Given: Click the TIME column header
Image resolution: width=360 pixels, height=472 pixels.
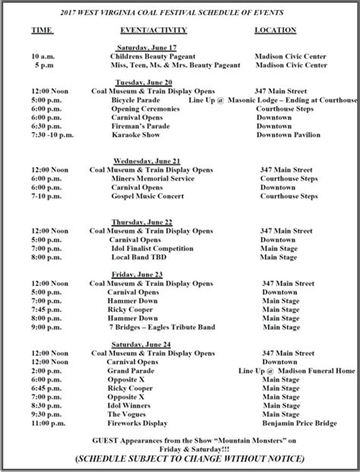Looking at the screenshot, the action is click(x=43, y=30).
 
